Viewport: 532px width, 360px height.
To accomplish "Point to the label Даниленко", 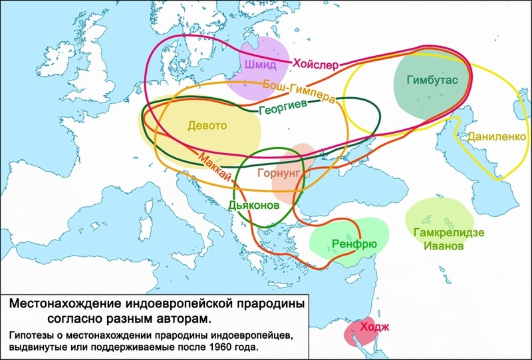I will pos(497,136).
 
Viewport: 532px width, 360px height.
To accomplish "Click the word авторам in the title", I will pos(182,318).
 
